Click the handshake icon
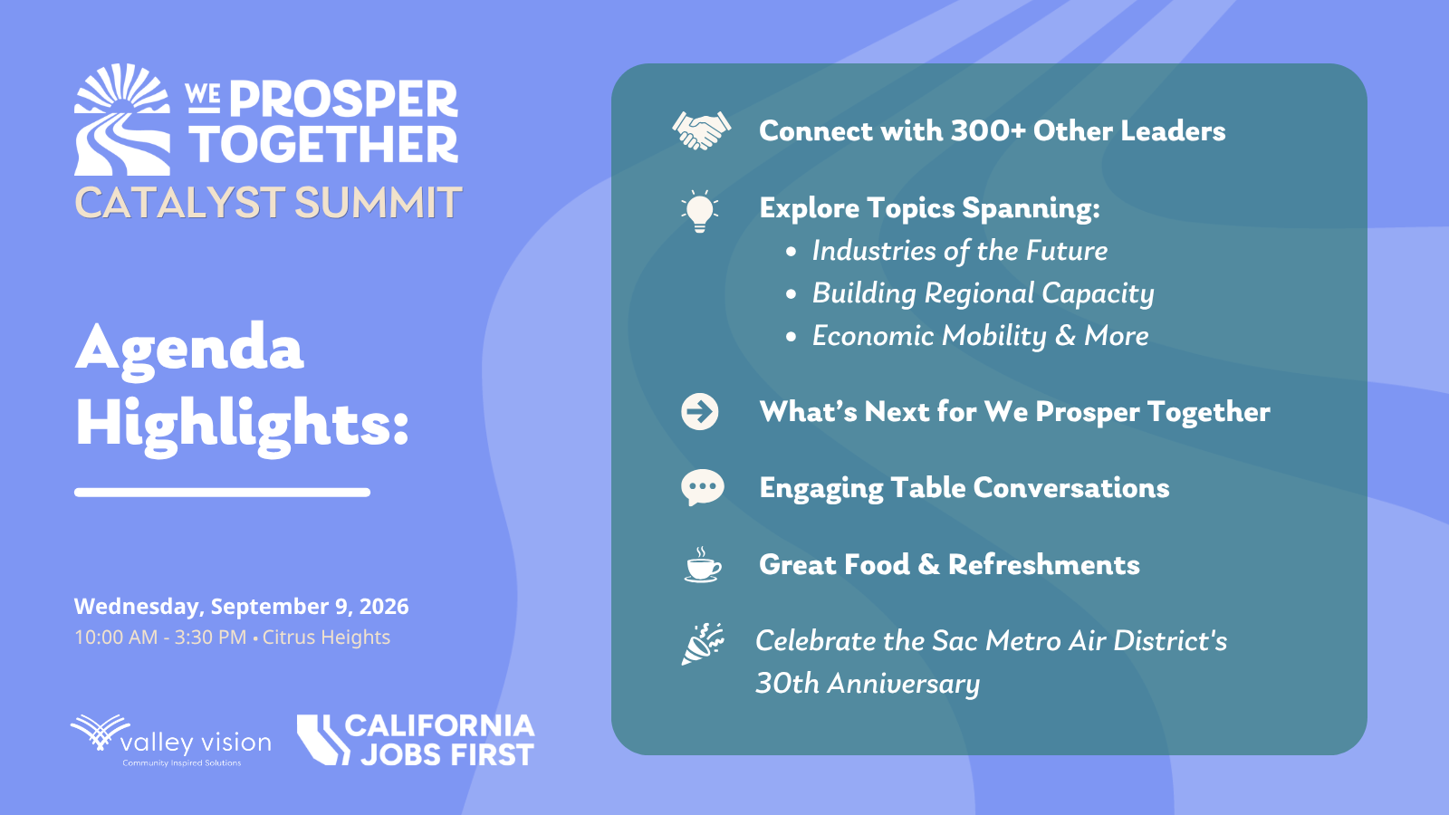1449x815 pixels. coord(701,130)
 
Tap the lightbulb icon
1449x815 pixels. coord(699,212)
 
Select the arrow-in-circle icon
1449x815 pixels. coord(700,411)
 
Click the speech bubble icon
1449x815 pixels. coord(703,488)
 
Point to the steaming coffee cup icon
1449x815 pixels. coord(703,565)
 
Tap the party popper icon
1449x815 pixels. coord(703,644)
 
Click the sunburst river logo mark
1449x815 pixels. coord(122,120)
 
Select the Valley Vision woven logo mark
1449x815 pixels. coord(101,732)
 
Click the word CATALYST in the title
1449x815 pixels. coord(180,203)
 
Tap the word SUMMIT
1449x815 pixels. coord(379,203)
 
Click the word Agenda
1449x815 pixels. coord(189,349)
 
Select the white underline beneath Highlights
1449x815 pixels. coord(222,493)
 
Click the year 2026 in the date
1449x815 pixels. coord(384,607)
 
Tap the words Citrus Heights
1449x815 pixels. coord(326,638)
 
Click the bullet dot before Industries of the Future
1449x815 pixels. coord(791,253)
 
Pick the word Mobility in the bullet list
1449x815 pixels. coord(994,336)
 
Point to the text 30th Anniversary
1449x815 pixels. coord(868,684)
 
